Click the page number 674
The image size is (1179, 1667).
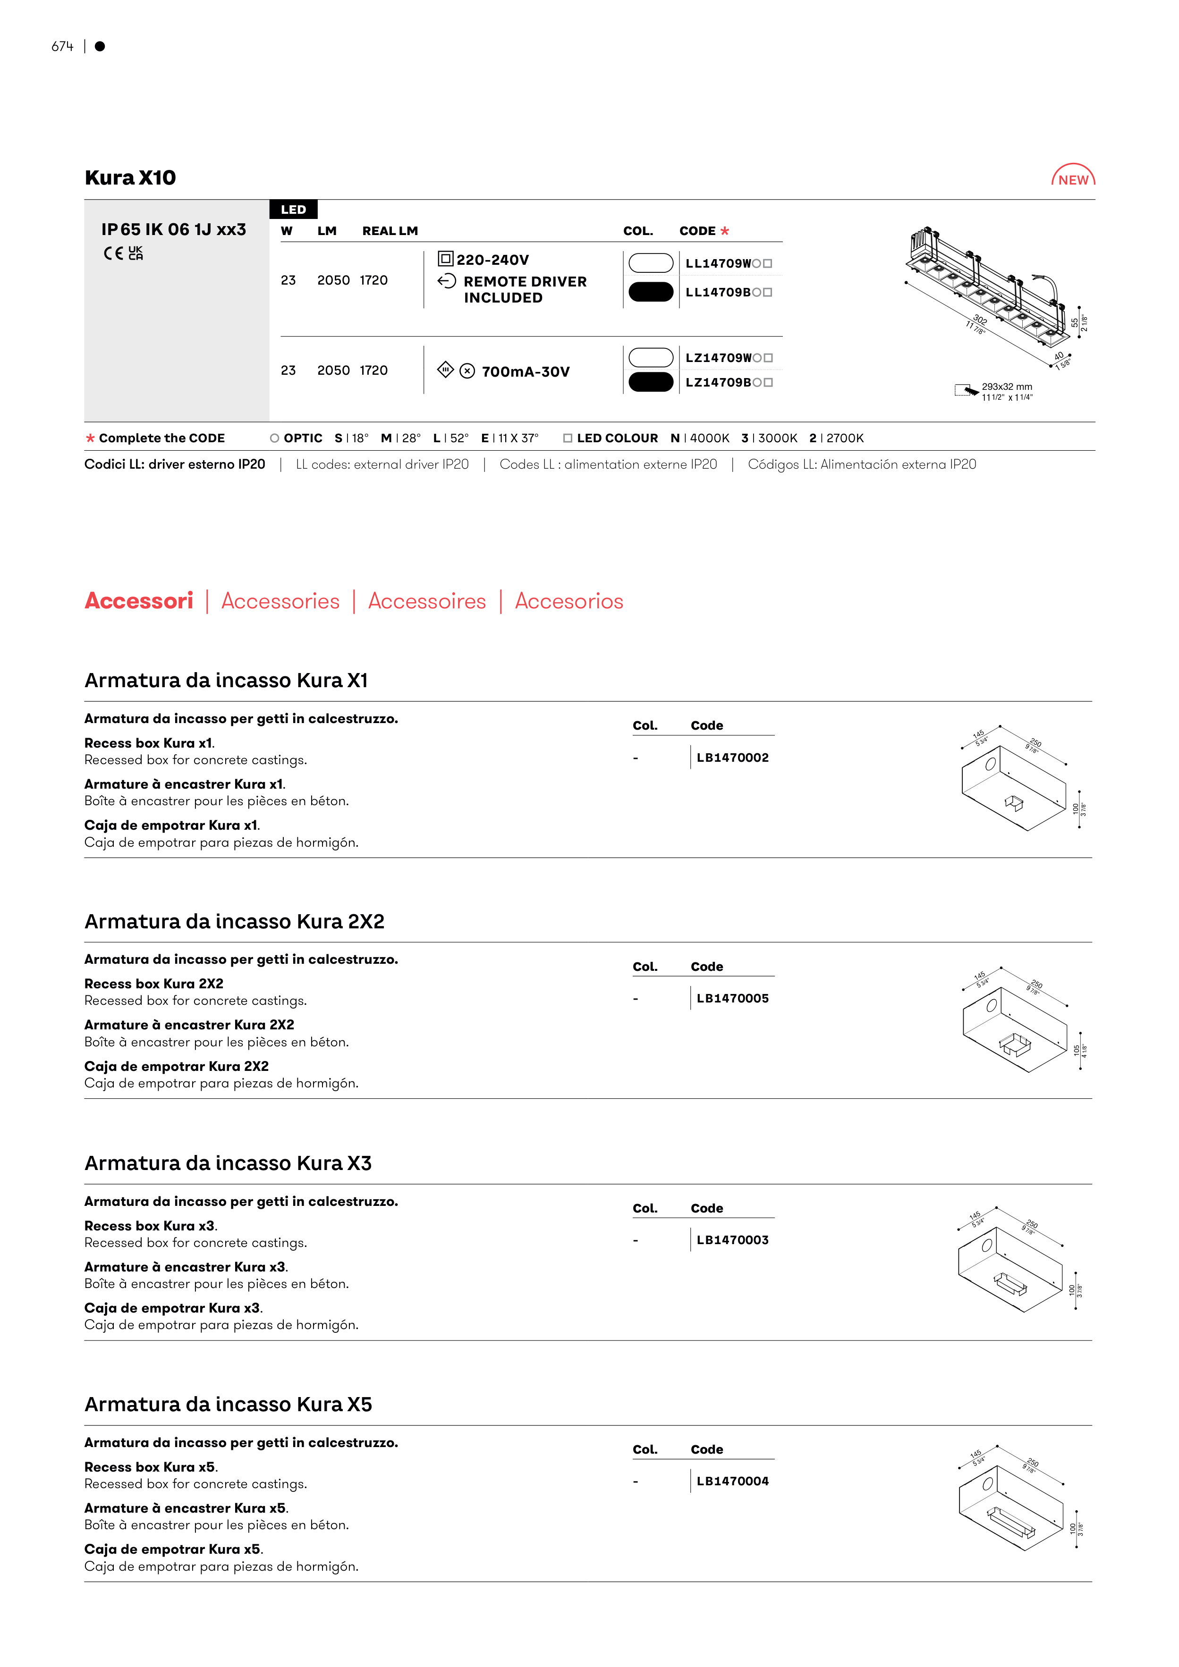tap(62, 46)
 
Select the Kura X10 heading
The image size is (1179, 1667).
tap(131, 178)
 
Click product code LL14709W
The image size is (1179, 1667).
tap(718, 263)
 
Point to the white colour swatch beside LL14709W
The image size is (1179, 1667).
tap(651, 263)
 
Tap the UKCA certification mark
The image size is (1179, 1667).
tap(136, 253)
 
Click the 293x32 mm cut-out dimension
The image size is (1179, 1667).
tap(1007, 387)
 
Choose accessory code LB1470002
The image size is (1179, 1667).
tap(732, 757)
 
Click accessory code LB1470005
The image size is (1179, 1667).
tap(732, 998)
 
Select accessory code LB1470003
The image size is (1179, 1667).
tap(732, 1240)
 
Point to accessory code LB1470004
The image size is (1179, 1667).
tap(732, 1481)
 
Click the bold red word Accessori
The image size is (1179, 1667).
tap(139, 601)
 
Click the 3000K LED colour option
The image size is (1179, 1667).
tap(770, 438)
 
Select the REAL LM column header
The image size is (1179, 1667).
tap(390, 231)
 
